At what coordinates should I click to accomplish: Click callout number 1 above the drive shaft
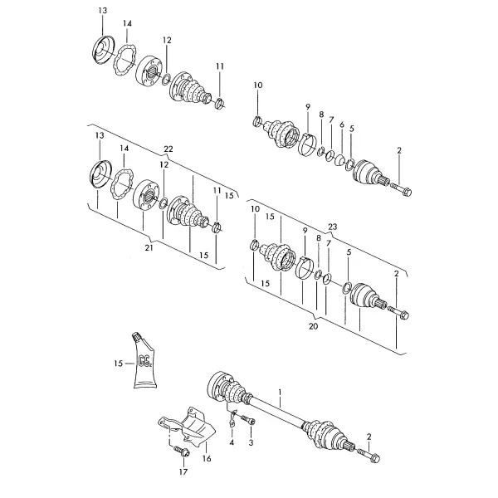[x=280, y=392]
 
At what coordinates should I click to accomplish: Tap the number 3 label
[x=251, y=442]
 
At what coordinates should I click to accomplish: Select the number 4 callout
[x=232, y=442]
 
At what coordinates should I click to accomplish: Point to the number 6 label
[x=342, y=124]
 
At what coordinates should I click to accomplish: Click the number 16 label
[x=207, y=458]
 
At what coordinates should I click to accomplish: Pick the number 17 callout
[x=183, y=472]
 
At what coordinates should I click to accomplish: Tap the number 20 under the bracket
[x=313, y=326]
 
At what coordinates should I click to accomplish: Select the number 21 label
[x=149, y=247]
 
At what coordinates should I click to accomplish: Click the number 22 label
[x=168, y=149]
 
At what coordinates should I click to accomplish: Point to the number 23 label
[x=332, y=227]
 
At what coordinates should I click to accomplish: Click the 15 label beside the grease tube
[x=118, y=363]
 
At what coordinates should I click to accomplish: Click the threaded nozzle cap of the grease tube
[x=136, y=337]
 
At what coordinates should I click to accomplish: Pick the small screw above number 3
[x=249, y=420]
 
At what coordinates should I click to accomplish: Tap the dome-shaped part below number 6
[x=340, y=159]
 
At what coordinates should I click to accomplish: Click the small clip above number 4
[x=232, y=417]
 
